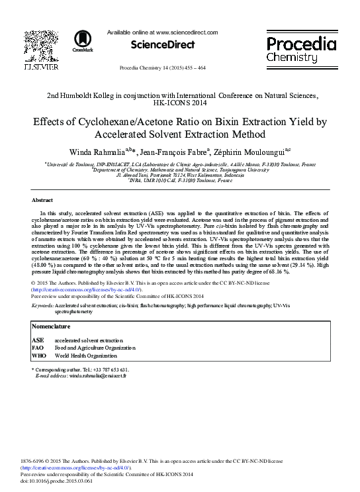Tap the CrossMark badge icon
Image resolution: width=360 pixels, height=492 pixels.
[83, 40]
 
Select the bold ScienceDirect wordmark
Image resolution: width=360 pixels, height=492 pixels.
[163, 45]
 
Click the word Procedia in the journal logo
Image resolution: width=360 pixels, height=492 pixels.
[301, 44]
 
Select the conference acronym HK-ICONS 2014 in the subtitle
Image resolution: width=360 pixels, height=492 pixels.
[179, 103]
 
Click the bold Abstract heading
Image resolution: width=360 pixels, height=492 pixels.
[42, 200]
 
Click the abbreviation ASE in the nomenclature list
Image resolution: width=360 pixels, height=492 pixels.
[38, 340]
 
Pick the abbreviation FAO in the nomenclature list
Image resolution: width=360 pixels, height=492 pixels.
[38, 348]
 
